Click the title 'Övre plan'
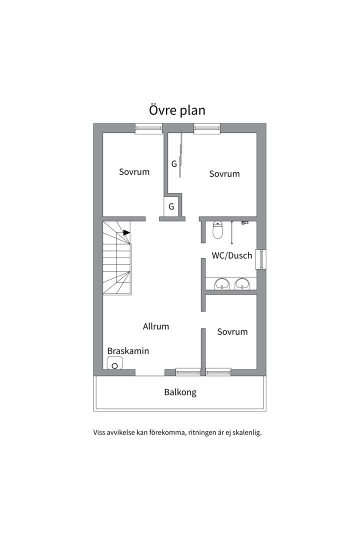click(177, 110)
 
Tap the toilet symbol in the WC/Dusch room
click(217, 229)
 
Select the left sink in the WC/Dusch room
click(222, 284)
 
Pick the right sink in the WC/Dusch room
click(242, 284)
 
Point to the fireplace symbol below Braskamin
click(114, 363)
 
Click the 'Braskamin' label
click(128, 351)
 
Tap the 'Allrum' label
click(156, 326)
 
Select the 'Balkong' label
click(180, 392)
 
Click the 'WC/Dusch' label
click(232, 255)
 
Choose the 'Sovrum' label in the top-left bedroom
click(134, 172)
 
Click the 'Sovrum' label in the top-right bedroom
click(224, 173)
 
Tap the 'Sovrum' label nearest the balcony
click(232, 331)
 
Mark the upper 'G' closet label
click(174, 164)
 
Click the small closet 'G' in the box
click(171, 206)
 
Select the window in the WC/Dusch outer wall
click(261, 259)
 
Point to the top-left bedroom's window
click(148, 128)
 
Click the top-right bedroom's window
click(206, 128)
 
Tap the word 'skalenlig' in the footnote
click(246, 432)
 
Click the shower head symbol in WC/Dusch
click(244, 223)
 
